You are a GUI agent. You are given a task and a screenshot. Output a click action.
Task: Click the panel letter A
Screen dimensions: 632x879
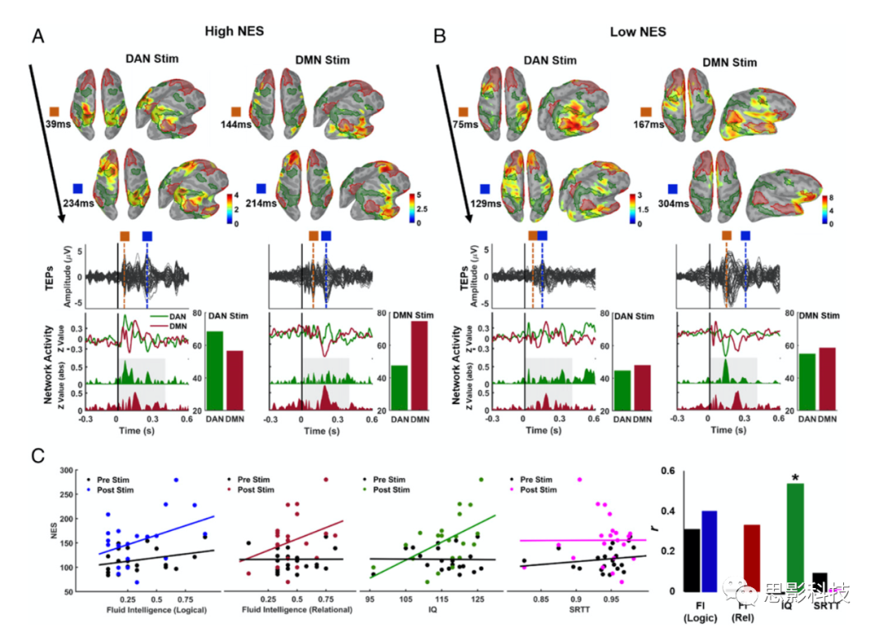click(37, 36)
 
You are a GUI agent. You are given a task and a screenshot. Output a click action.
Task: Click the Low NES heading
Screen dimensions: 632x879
click(638, 33)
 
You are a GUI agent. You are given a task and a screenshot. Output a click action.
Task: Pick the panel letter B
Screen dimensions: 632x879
click(440, 36)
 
